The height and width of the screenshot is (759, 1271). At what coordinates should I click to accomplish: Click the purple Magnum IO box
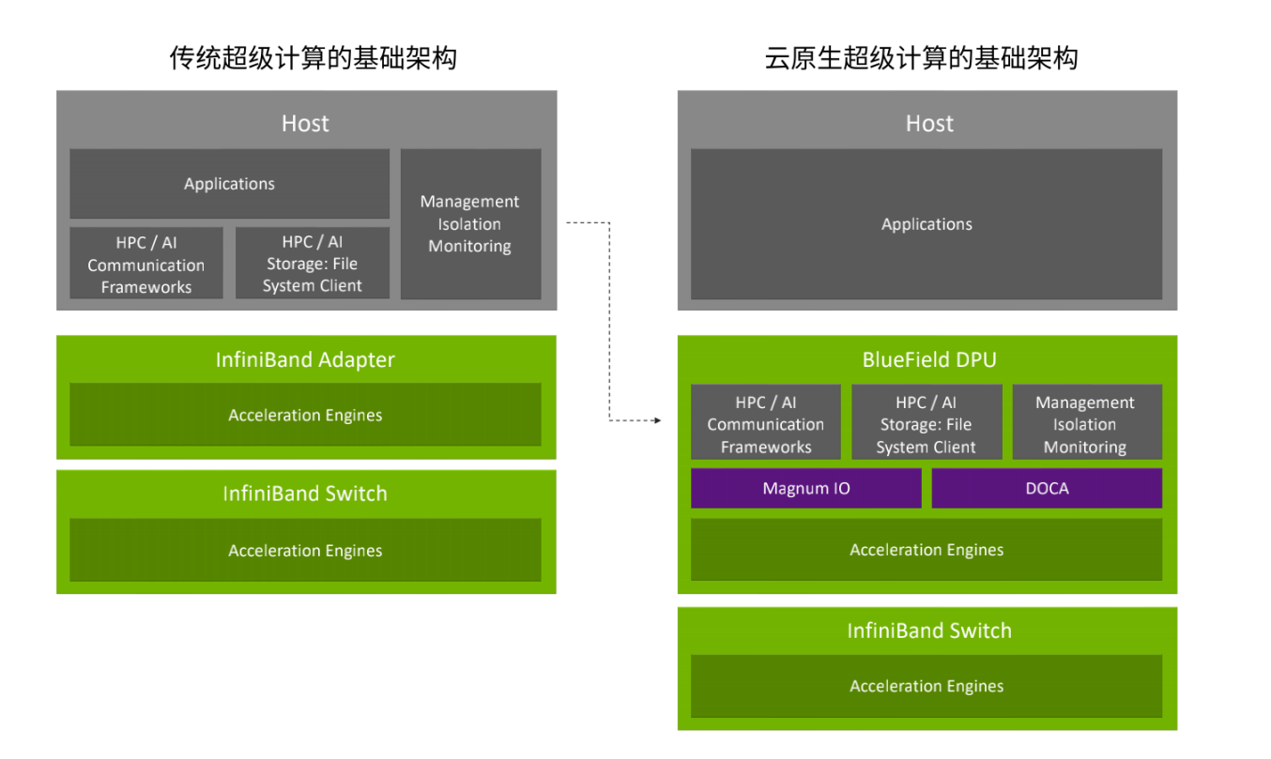point(805,488)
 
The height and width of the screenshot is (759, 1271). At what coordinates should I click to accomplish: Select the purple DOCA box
point(1047,488)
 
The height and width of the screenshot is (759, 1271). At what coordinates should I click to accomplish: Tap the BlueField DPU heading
point(929,359)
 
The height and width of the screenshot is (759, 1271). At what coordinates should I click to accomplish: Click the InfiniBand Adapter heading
point(305,359)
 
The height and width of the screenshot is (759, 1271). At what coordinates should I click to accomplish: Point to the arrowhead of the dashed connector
point(658,420)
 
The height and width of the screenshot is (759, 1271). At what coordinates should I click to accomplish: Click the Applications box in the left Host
point(229,184)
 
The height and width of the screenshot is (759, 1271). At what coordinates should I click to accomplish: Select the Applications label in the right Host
point(926,224)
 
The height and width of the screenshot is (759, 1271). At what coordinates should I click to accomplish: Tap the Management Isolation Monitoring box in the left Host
point(470,224)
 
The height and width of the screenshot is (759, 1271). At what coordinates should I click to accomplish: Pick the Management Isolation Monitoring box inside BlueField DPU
point(1087,422)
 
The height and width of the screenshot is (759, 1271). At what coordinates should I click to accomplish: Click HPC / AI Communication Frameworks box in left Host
point(145,264)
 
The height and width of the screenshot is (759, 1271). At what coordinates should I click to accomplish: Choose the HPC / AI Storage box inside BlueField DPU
point(926,422)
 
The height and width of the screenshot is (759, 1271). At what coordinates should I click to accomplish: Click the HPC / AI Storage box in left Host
point(312,264)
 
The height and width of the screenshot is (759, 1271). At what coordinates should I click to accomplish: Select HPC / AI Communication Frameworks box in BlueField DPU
point(765,422)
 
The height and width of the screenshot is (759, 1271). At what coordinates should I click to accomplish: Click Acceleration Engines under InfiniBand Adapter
point(305,415)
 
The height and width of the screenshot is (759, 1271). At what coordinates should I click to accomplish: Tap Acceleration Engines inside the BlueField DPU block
point(926,550)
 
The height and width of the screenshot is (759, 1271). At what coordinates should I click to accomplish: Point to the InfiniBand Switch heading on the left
point(305,493)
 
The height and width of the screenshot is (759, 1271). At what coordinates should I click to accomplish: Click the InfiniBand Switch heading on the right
point(929,630)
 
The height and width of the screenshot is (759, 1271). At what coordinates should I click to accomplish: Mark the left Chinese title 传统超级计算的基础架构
point(314,58)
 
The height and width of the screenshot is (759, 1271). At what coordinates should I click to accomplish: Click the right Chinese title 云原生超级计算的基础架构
point(922,58)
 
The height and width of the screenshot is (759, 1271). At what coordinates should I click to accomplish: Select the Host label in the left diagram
point(305,124)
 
